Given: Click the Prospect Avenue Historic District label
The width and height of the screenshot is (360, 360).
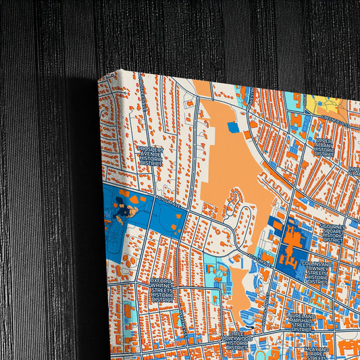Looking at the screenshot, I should point(150,155).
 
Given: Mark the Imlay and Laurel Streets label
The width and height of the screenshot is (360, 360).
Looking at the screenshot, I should point(315,352).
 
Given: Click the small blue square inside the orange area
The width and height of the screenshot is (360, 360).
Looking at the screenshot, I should point(233,127).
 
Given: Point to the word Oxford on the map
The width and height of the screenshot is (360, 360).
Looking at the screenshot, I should point(162,280).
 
